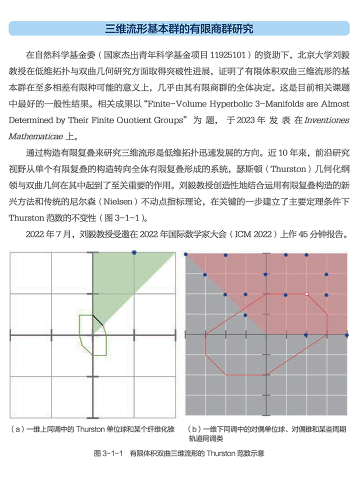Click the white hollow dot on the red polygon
tap(306, 294)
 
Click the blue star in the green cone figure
tap(133, 253)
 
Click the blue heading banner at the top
tap(179, 28)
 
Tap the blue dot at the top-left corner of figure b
tap(186, 255)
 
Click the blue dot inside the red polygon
tap(245, 314)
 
